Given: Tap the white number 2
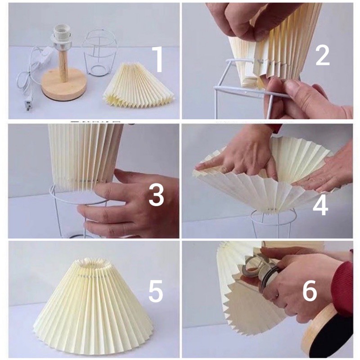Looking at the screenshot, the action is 322,55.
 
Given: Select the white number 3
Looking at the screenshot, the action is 156,195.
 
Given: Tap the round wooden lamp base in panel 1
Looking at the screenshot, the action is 64,85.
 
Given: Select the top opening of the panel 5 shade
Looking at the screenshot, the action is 94,264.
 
